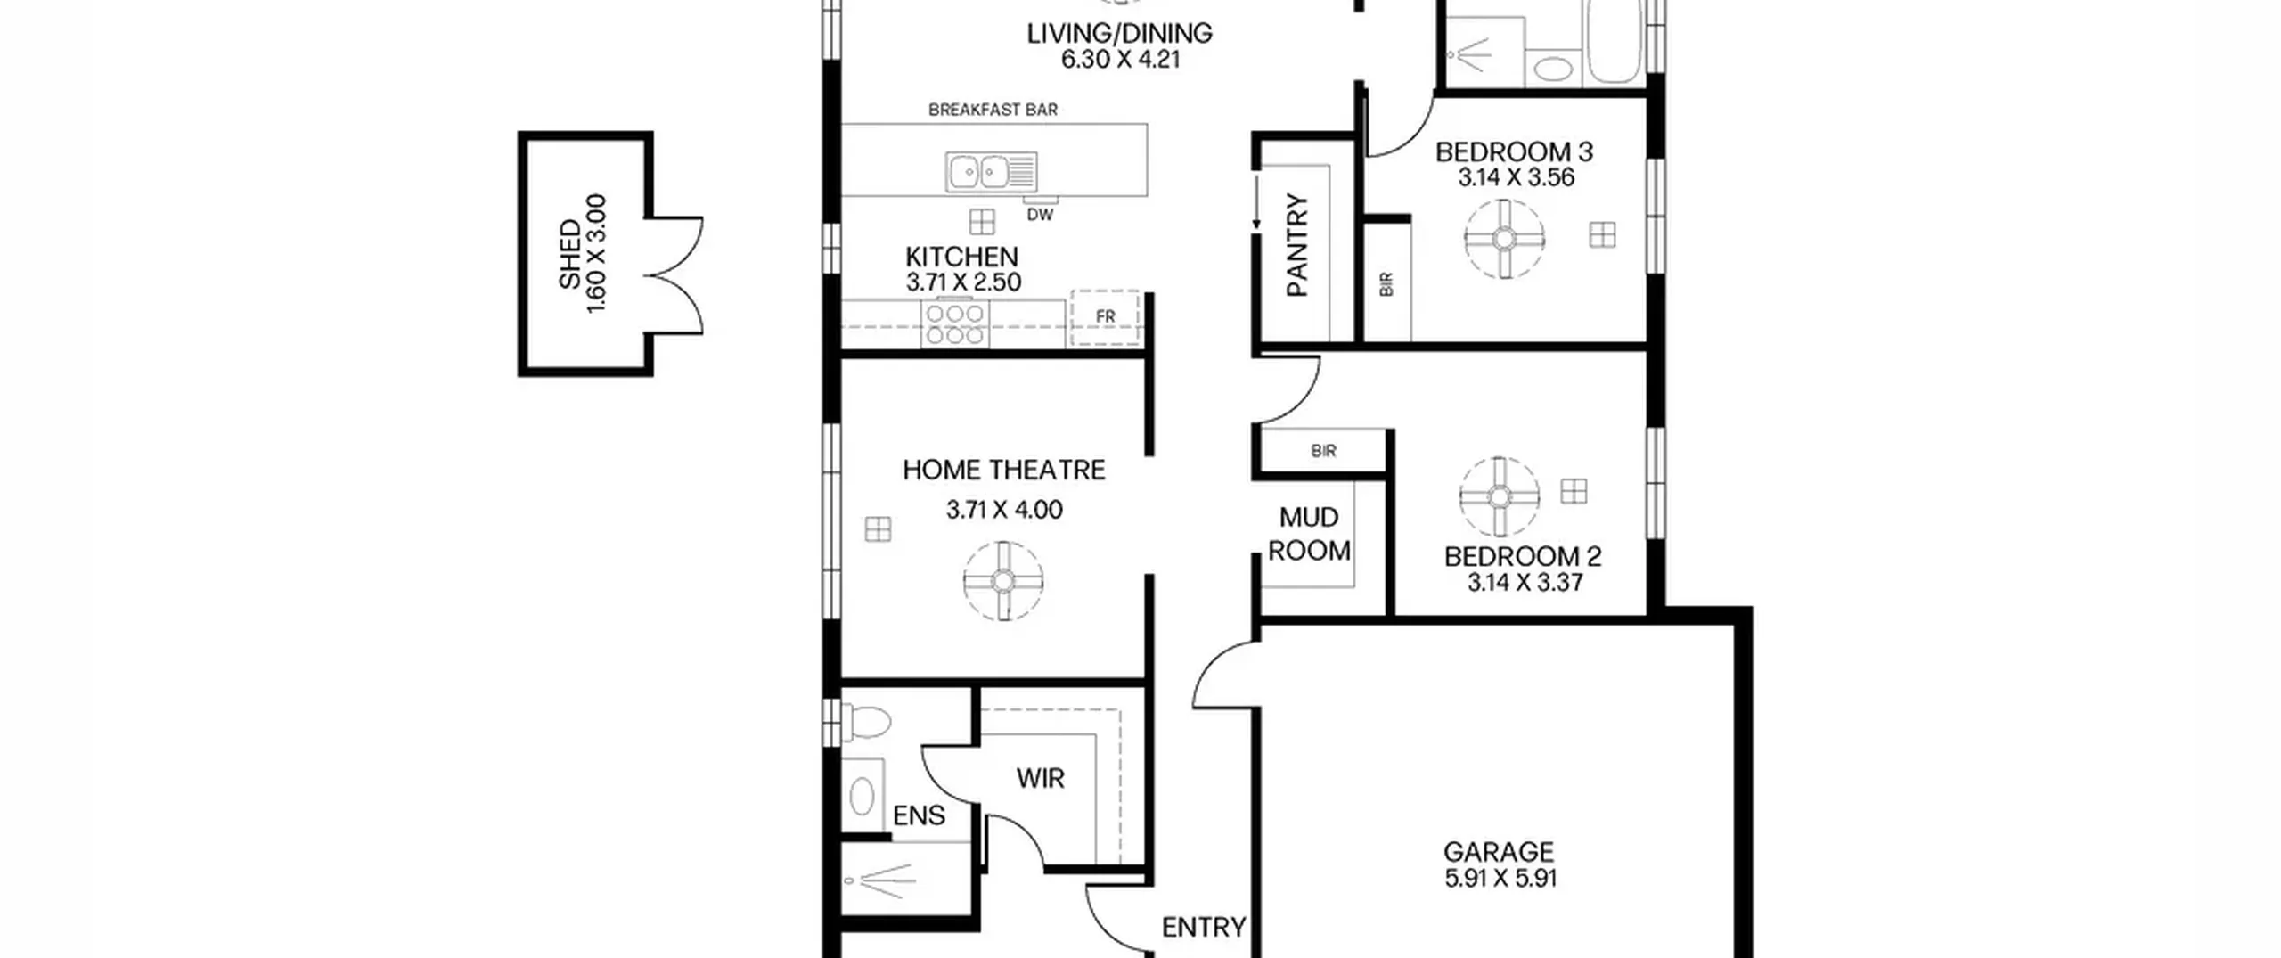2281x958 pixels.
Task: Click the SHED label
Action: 570,255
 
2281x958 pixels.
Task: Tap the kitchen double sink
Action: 991,171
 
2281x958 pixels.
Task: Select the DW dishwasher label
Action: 1040,215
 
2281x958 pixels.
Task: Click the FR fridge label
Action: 1106,316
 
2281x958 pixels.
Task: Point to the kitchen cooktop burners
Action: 954,323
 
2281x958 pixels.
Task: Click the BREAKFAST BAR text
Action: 993,110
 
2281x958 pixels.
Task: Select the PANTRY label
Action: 1297,245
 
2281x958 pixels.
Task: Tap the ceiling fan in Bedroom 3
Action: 1504,239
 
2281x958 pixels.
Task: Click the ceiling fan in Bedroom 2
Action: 1500,496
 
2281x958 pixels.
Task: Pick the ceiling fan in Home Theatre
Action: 1003,581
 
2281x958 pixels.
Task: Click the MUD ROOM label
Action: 1309,534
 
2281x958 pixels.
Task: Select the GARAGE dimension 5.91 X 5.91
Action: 1500,879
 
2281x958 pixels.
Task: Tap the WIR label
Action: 1041,779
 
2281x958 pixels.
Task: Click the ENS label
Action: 919,815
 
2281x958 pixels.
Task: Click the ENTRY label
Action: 1204,928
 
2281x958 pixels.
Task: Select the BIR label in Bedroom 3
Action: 1386,285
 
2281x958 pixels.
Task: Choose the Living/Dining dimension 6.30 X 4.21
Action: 1121,60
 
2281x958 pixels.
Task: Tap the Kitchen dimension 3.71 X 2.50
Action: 963,282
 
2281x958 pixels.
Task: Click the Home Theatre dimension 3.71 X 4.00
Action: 1004,510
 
